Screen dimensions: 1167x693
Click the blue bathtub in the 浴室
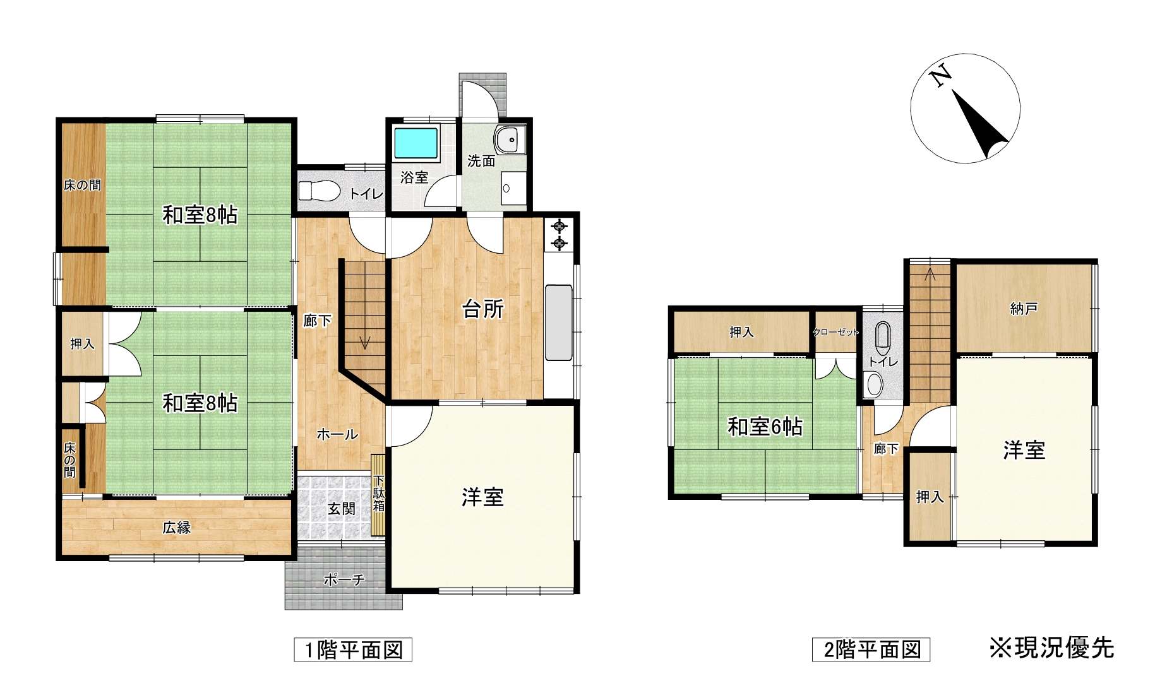[416, 143]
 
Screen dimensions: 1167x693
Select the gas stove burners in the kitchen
[559, 235]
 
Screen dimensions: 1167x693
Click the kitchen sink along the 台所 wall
[558, 324]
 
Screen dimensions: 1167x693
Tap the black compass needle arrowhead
[981, 126]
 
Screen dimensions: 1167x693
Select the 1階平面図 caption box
[353, 650]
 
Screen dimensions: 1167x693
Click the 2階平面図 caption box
[871, 650]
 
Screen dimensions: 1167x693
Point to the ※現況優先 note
[1051, 648]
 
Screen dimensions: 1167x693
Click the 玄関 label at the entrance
[342, 509]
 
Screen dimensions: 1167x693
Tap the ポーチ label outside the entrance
[344, 579]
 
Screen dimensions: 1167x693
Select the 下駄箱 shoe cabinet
[378, 495]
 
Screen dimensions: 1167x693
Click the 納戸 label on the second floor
[1024, 309]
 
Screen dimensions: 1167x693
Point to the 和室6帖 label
[765, 427]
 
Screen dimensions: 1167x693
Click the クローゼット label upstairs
[836, 332]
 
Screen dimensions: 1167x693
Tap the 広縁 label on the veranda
[176, 528]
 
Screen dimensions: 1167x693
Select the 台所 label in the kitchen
[483, 309]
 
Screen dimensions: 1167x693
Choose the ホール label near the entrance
[337, 434]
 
